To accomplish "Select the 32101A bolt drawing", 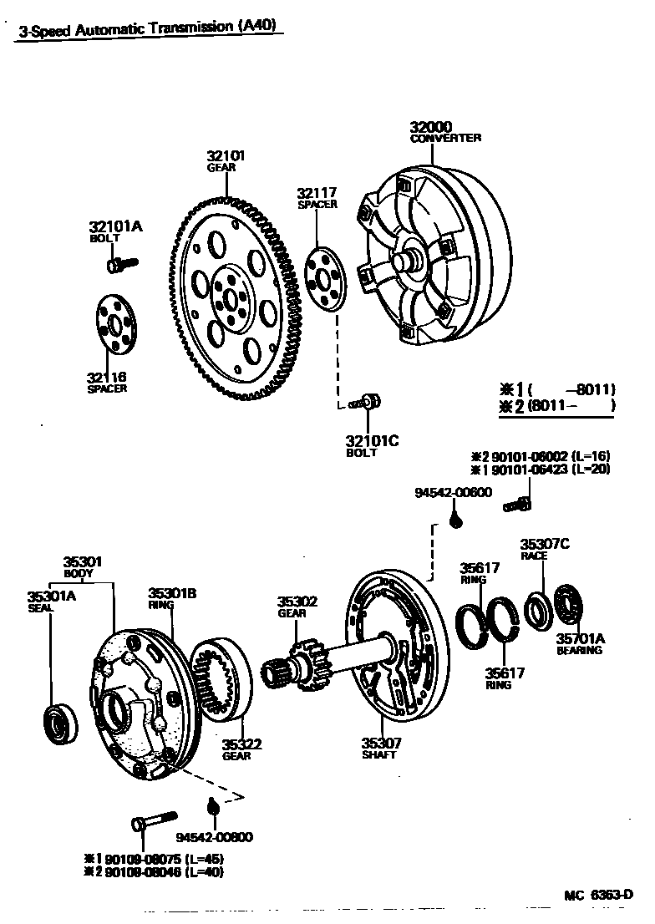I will [119, 265].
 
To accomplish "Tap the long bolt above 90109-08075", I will [153, 820].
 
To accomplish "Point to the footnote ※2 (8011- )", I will [556, 407].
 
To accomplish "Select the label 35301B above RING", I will [172, 593].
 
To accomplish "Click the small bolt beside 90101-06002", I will [517, 503].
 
